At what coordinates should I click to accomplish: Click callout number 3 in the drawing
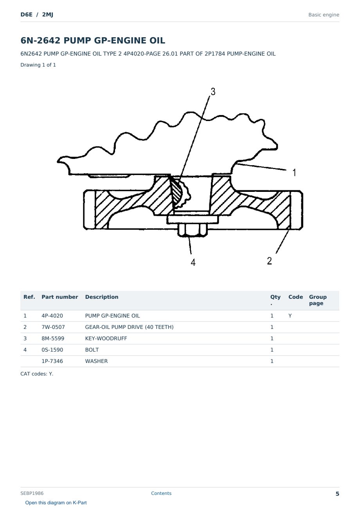click(x=213, y=92)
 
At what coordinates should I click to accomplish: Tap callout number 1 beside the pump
click(x=294, y=172)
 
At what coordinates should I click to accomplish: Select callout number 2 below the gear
click(x=269, y=261)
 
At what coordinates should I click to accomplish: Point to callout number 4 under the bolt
click(x=193, y=262)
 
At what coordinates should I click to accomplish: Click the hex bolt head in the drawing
click(x=192, y=230)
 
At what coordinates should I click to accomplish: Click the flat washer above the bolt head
click(x=193, y=220)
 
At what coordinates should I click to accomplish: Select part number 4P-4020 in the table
click(x=52, y=316)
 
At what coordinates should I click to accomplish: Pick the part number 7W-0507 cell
click(x=53, y=327)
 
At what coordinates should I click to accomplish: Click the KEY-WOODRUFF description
click(x=106, y=338)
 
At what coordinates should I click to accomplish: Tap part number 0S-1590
click(x=52, y=350)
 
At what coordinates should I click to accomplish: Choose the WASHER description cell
click(x=96, y=361)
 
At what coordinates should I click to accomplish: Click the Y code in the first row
click(x=290, y=316)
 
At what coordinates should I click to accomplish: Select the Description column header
click(x=101, y=297)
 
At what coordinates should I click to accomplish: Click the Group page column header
click(x=318, y=300)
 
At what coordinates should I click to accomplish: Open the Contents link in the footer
click(x=161, y=493)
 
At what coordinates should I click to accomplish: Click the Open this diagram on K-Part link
click(x=56, y=502)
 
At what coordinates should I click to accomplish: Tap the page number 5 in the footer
click(x=337, y=494)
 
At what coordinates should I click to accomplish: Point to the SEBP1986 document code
click(x=32, y=493)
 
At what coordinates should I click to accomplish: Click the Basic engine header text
click(x=324, y=15)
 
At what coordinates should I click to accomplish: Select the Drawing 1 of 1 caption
click(x=38, y=65)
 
